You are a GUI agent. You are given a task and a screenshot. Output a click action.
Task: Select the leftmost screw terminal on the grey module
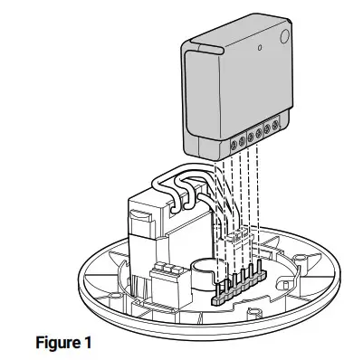[x=234, y=141]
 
